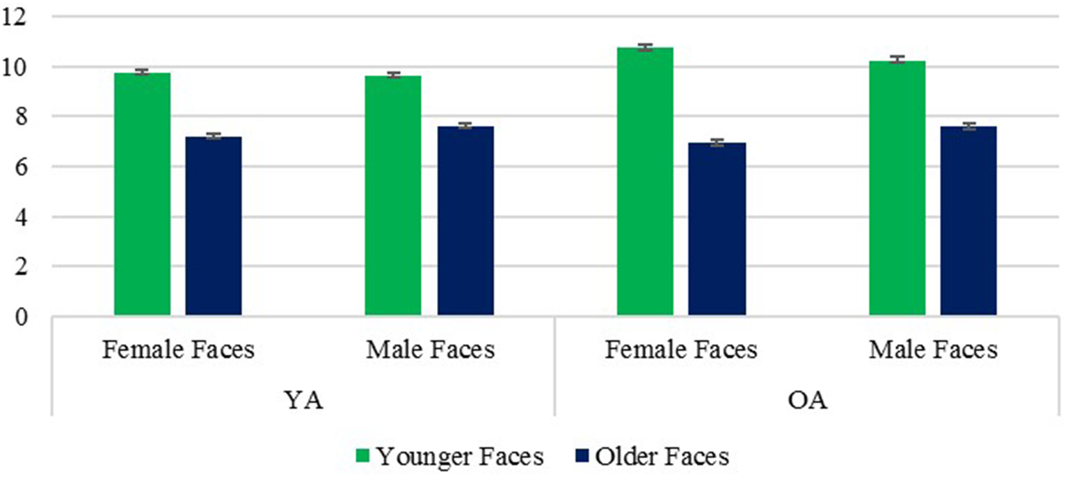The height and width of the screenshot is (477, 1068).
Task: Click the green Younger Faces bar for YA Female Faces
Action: point(142,194)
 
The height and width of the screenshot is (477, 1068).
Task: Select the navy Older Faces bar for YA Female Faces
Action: point(213,226)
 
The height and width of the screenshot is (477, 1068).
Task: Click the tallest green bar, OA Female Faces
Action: point(645,182)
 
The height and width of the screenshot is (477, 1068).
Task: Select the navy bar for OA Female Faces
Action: point(717,229)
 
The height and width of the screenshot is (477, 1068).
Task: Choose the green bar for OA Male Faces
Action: point(897,189)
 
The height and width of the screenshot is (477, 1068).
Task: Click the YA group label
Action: point(303,402)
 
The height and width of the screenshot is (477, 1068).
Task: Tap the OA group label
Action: point(806,402)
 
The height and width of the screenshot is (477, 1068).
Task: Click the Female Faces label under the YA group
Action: point(178,350)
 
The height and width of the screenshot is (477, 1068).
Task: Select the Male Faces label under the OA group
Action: point(932,350)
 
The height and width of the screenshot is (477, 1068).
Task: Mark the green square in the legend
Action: point(362,457)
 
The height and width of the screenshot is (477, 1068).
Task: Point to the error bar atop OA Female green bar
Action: point(645,47)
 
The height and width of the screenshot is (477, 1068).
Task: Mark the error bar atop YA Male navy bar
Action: point(465,126)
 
